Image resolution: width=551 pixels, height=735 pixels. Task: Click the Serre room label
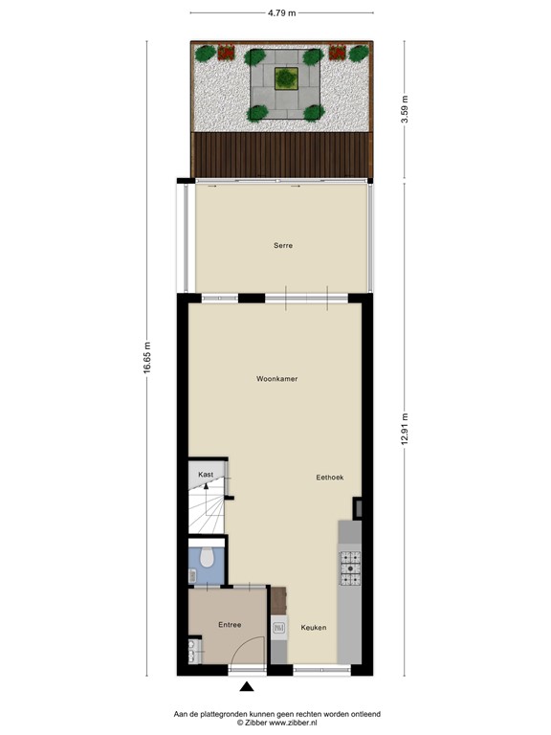pos(281,246)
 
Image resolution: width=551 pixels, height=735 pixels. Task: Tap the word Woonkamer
pos(276,379)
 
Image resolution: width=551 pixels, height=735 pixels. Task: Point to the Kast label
pos(206,475)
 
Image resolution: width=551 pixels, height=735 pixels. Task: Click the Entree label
pos(229,625)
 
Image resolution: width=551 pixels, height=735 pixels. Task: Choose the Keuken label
pos(314,628)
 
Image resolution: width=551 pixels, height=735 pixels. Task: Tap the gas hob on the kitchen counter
pos(350,568)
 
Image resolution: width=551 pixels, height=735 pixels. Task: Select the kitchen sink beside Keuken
pos(279,628)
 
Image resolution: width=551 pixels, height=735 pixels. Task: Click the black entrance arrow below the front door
pos(247,685)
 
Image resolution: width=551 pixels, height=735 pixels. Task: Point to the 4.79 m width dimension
pos(280,12)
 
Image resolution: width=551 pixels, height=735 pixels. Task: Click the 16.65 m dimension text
pos(147,359)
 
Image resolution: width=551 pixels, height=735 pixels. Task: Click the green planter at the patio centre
pos(285,78)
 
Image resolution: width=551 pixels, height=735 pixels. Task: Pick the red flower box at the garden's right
pos(338,53)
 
